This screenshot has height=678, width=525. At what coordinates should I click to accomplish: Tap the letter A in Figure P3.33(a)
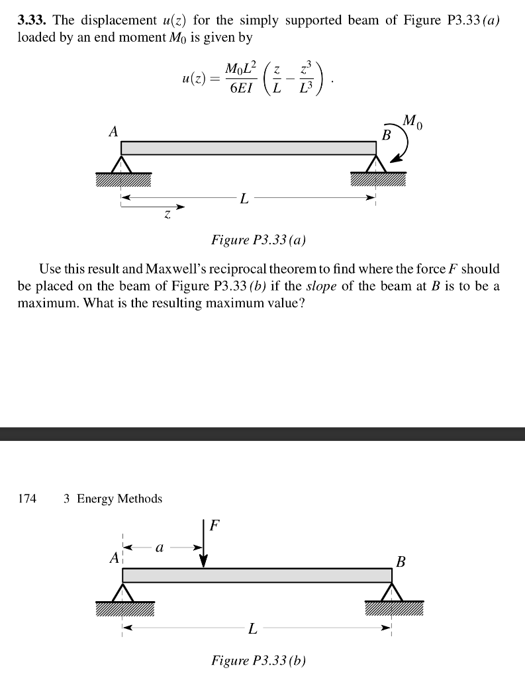(113, 132)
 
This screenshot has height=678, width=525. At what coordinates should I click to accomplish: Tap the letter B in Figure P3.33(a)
(387, 135)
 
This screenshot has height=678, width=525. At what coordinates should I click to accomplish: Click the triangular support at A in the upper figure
(122, 164)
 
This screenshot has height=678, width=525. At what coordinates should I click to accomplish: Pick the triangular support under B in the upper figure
(376, 164)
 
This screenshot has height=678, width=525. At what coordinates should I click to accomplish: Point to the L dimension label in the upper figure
(244, 198)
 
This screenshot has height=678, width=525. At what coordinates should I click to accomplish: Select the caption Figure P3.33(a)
(258, 240)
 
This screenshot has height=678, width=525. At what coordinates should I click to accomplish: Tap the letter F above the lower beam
(213, 527)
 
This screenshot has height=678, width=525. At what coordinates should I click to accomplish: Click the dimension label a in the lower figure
(159, 548)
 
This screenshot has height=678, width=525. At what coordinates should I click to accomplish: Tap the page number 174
(27, 499)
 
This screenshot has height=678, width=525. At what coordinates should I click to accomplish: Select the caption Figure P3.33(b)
(258, 660)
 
